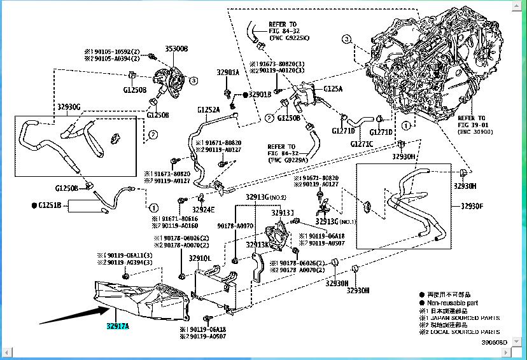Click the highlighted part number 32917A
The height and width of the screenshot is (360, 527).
coord(117,327)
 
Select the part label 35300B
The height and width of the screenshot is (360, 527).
coord(176,48)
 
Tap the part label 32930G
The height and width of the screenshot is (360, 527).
coord(69,107)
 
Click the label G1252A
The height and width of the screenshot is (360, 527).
coord(208,109)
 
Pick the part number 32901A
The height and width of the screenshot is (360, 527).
coord(227,73)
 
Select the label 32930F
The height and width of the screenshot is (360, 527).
coord(473,206)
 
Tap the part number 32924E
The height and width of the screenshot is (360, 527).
coord(204,209)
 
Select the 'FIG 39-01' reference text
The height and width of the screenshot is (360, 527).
coord(472,126)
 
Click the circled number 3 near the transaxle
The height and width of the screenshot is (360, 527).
coord(346,39)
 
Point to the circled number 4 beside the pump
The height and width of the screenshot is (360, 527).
coord(193,81)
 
